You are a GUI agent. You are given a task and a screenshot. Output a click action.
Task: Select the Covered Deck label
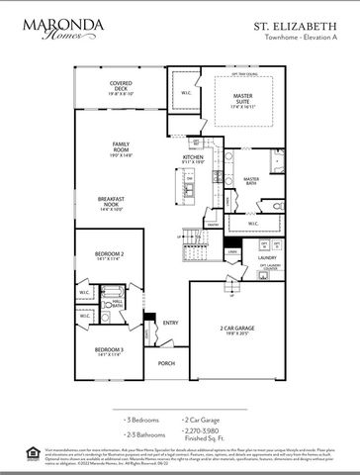click(122, 86)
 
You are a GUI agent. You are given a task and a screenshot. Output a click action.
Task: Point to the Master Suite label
click(242, 99)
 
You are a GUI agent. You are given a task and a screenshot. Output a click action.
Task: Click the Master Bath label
click(258, 181)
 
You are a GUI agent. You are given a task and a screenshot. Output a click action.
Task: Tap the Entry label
click(170, 322)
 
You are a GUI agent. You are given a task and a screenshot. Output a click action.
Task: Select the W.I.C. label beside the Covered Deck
click(186, 95)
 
